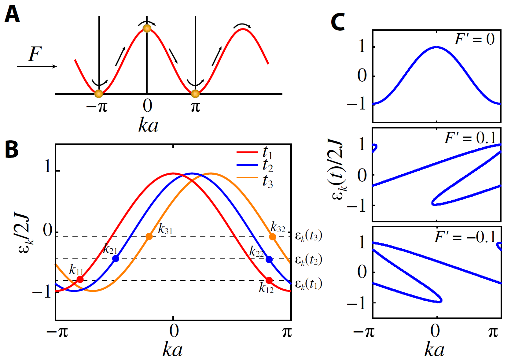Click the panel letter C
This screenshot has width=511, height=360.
338,22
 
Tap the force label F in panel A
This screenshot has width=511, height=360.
35,54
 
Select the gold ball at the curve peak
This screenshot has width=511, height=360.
147,28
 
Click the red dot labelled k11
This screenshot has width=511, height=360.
80,279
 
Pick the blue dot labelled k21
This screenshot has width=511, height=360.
116,258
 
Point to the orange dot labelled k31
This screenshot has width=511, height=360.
149,236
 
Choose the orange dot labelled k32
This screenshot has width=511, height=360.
272,237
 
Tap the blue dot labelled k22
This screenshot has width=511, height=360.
269,259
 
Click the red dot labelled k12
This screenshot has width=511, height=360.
269,280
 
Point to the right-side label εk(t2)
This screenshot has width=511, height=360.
308,260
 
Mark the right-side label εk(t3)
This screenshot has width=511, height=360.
308,236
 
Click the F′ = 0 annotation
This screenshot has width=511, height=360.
474,39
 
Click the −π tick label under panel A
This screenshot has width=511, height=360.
97,106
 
